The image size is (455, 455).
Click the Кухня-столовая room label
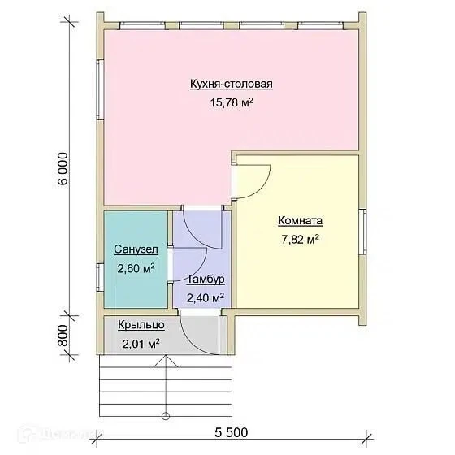click(232, 84)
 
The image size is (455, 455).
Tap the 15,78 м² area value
click(232, 102)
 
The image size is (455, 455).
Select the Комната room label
click(301, 220)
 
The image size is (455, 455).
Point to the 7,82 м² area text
click(301, 240)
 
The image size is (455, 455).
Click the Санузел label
click(136, 249)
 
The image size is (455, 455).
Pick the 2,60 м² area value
click(136, 268)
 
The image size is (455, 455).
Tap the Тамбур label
click(206, 279)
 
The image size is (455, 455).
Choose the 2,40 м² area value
click(205, 297)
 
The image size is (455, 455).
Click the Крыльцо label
click(141, 325)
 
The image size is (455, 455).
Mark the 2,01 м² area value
click(141, 344)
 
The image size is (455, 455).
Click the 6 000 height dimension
click(63, 169)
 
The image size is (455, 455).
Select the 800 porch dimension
click(63, 336)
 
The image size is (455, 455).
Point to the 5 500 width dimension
click(232, 432)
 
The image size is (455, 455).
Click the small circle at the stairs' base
click(166, 416)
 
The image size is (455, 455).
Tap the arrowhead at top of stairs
click(166, 361)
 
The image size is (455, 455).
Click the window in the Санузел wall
click(101, 277)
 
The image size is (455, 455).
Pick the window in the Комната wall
click(362, 232)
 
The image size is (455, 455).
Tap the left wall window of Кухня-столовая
click(101, 90)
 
